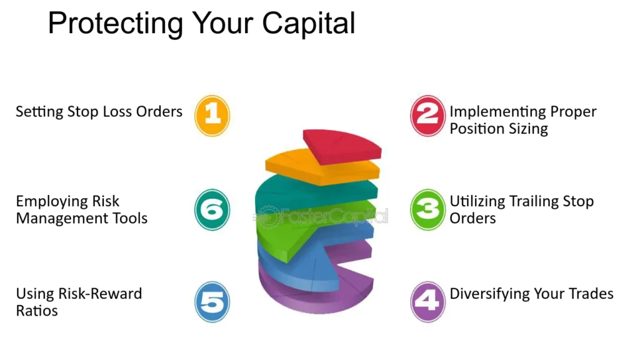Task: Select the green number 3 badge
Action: pos(427,209)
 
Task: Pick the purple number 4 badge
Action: pos(427,302)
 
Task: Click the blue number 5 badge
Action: pos(212,302)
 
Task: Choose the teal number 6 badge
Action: pos(212,209)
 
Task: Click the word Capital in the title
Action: pos(309,24)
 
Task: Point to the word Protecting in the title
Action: pos(115,24)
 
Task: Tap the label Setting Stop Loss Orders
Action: pos(99,112)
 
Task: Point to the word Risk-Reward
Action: pos(100,294)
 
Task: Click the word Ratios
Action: pos(37,311)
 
